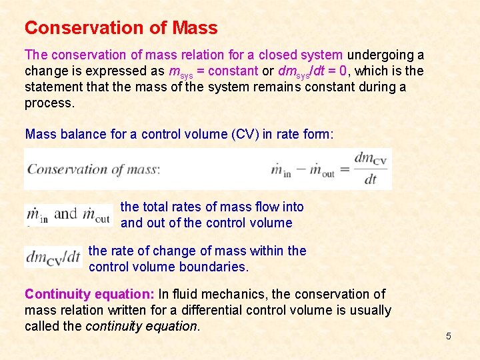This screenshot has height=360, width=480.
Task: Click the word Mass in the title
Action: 195,28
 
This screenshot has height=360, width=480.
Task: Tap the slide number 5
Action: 448,336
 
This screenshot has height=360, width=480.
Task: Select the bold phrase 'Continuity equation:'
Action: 89,294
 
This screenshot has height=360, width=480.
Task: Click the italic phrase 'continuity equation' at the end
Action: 141,326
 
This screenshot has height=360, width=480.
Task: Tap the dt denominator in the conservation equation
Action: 371,179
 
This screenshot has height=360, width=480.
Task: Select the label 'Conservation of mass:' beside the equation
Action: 94,169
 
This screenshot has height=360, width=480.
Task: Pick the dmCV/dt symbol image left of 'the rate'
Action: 53,257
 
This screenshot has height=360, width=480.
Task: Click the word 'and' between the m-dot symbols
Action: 65,214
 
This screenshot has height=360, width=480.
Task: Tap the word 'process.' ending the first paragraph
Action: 50,103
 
